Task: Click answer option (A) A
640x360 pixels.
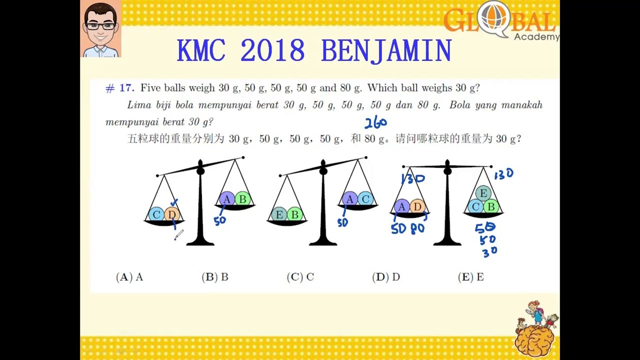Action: tap(129, 277)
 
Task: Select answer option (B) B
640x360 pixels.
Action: tap(215, 277)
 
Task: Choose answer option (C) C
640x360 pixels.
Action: tap(300, 277)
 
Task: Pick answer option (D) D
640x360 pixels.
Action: tap(386, 277)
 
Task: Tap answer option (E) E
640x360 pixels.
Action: tap(471, 277)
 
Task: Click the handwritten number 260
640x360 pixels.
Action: tap(375, 122)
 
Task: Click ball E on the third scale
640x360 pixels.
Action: tap(483, 193)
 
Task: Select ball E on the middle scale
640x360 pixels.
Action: tap(279, 215)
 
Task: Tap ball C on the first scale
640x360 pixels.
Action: tap(156, 214)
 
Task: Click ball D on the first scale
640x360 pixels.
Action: tap(171, 214)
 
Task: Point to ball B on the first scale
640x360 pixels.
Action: tap(242, 199)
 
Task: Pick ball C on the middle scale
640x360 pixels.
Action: tap(365, 199)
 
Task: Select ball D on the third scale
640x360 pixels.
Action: tap(417, 206)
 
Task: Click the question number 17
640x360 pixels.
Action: tap(120, 88)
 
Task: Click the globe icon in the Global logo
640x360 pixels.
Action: tap(492, 18)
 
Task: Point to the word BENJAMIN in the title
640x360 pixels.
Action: tap(386, 51)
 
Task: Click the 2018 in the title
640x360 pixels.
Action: tap(272, 51)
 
